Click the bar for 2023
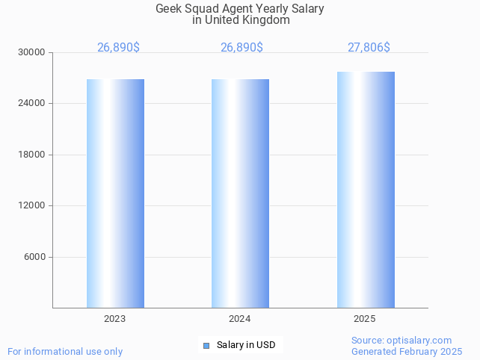115,193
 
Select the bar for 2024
240,193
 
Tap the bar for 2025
366,190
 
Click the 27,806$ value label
369,48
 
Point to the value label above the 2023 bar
118,48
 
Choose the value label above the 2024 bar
241,48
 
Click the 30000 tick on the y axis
32,52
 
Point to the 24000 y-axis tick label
32,103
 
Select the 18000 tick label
32,155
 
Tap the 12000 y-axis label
32,205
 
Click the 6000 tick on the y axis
34,257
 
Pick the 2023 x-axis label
115,319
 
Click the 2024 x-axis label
240,319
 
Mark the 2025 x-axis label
365,319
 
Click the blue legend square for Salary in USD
206,345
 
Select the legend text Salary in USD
246,345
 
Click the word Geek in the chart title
168,9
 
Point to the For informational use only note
65,351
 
